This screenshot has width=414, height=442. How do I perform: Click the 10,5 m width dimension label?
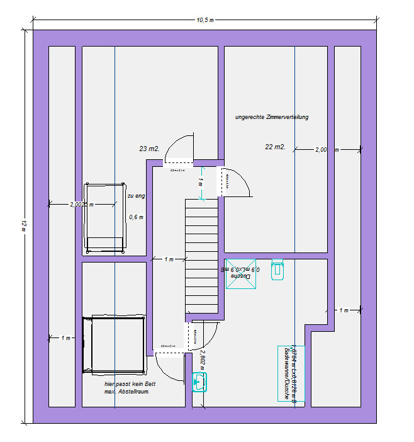tap(205, 20)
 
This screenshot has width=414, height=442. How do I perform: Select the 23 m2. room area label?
tap(149, 149)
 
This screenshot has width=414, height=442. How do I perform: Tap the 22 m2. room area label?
tap(275, 147)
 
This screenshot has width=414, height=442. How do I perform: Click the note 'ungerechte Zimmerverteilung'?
tap(272, 117)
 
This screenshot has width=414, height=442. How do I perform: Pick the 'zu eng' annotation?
tap(136, 196)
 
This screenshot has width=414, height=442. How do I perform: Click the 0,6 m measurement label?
tap(136, 217)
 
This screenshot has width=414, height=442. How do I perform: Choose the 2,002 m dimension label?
tap(81, 204)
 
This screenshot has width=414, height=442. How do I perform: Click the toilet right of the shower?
tap(277, 270)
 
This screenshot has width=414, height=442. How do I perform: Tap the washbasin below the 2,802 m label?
tap(199, 382)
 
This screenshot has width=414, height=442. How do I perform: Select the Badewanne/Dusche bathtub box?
tap(291, 373)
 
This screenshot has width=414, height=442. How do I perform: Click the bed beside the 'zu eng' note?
tap(105, 218)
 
